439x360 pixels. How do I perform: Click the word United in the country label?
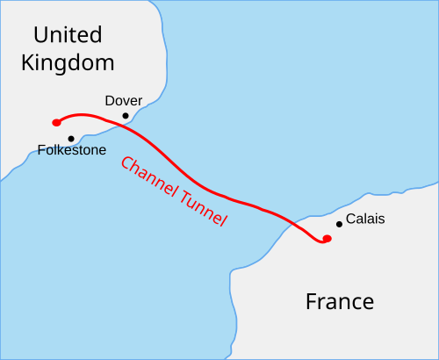click(x=68, y=35)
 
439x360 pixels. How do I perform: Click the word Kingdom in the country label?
click(x=68, y=63)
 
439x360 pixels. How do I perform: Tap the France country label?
click(x=339, y=302)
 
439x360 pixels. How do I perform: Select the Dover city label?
click(x=123, y=101)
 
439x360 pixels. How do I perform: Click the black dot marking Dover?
click(x=126, y=115)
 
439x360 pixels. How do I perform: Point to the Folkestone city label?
click(x=72, y=150)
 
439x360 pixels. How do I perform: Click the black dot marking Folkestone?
click(x=71, y=138)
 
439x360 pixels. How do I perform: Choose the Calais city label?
click(x=365, y=219)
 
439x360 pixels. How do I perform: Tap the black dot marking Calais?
click(x=339, y=224)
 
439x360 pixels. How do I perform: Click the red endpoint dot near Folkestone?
click(x=55, y=122)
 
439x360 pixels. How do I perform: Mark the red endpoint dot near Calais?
click(x=327, y=238)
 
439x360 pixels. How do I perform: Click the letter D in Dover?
click(x=109, y=101)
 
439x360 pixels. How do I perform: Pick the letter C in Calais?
click(x=350, y=219)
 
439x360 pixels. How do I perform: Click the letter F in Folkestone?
click(x=41, y=150)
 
